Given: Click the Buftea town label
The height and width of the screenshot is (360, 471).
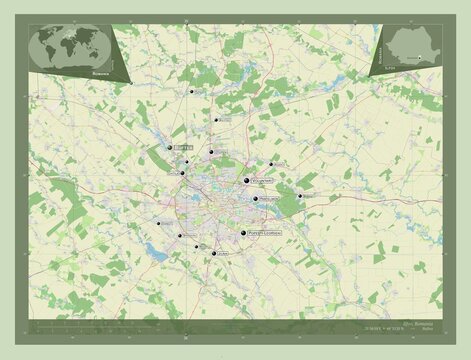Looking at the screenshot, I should [x=183, y=146].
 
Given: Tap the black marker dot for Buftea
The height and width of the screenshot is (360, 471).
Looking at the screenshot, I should [x=169, y=147].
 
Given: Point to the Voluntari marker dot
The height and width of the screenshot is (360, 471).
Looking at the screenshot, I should [x=247, y=179].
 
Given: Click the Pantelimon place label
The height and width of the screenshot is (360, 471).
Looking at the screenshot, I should [x=269, y=201].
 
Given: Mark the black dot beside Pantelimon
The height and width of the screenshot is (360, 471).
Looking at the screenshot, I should [x=256, y=199].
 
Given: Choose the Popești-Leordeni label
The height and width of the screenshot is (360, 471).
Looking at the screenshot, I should [x=263, y=234].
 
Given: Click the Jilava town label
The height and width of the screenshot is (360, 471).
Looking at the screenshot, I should [x=221, y=253].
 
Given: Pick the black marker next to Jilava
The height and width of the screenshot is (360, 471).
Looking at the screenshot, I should [x=212, y=253].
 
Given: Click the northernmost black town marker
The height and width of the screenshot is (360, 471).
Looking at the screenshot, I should [x=192, y=91].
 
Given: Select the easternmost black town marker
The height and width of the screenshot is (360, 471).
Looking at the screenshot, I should [x=300, y=195].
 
